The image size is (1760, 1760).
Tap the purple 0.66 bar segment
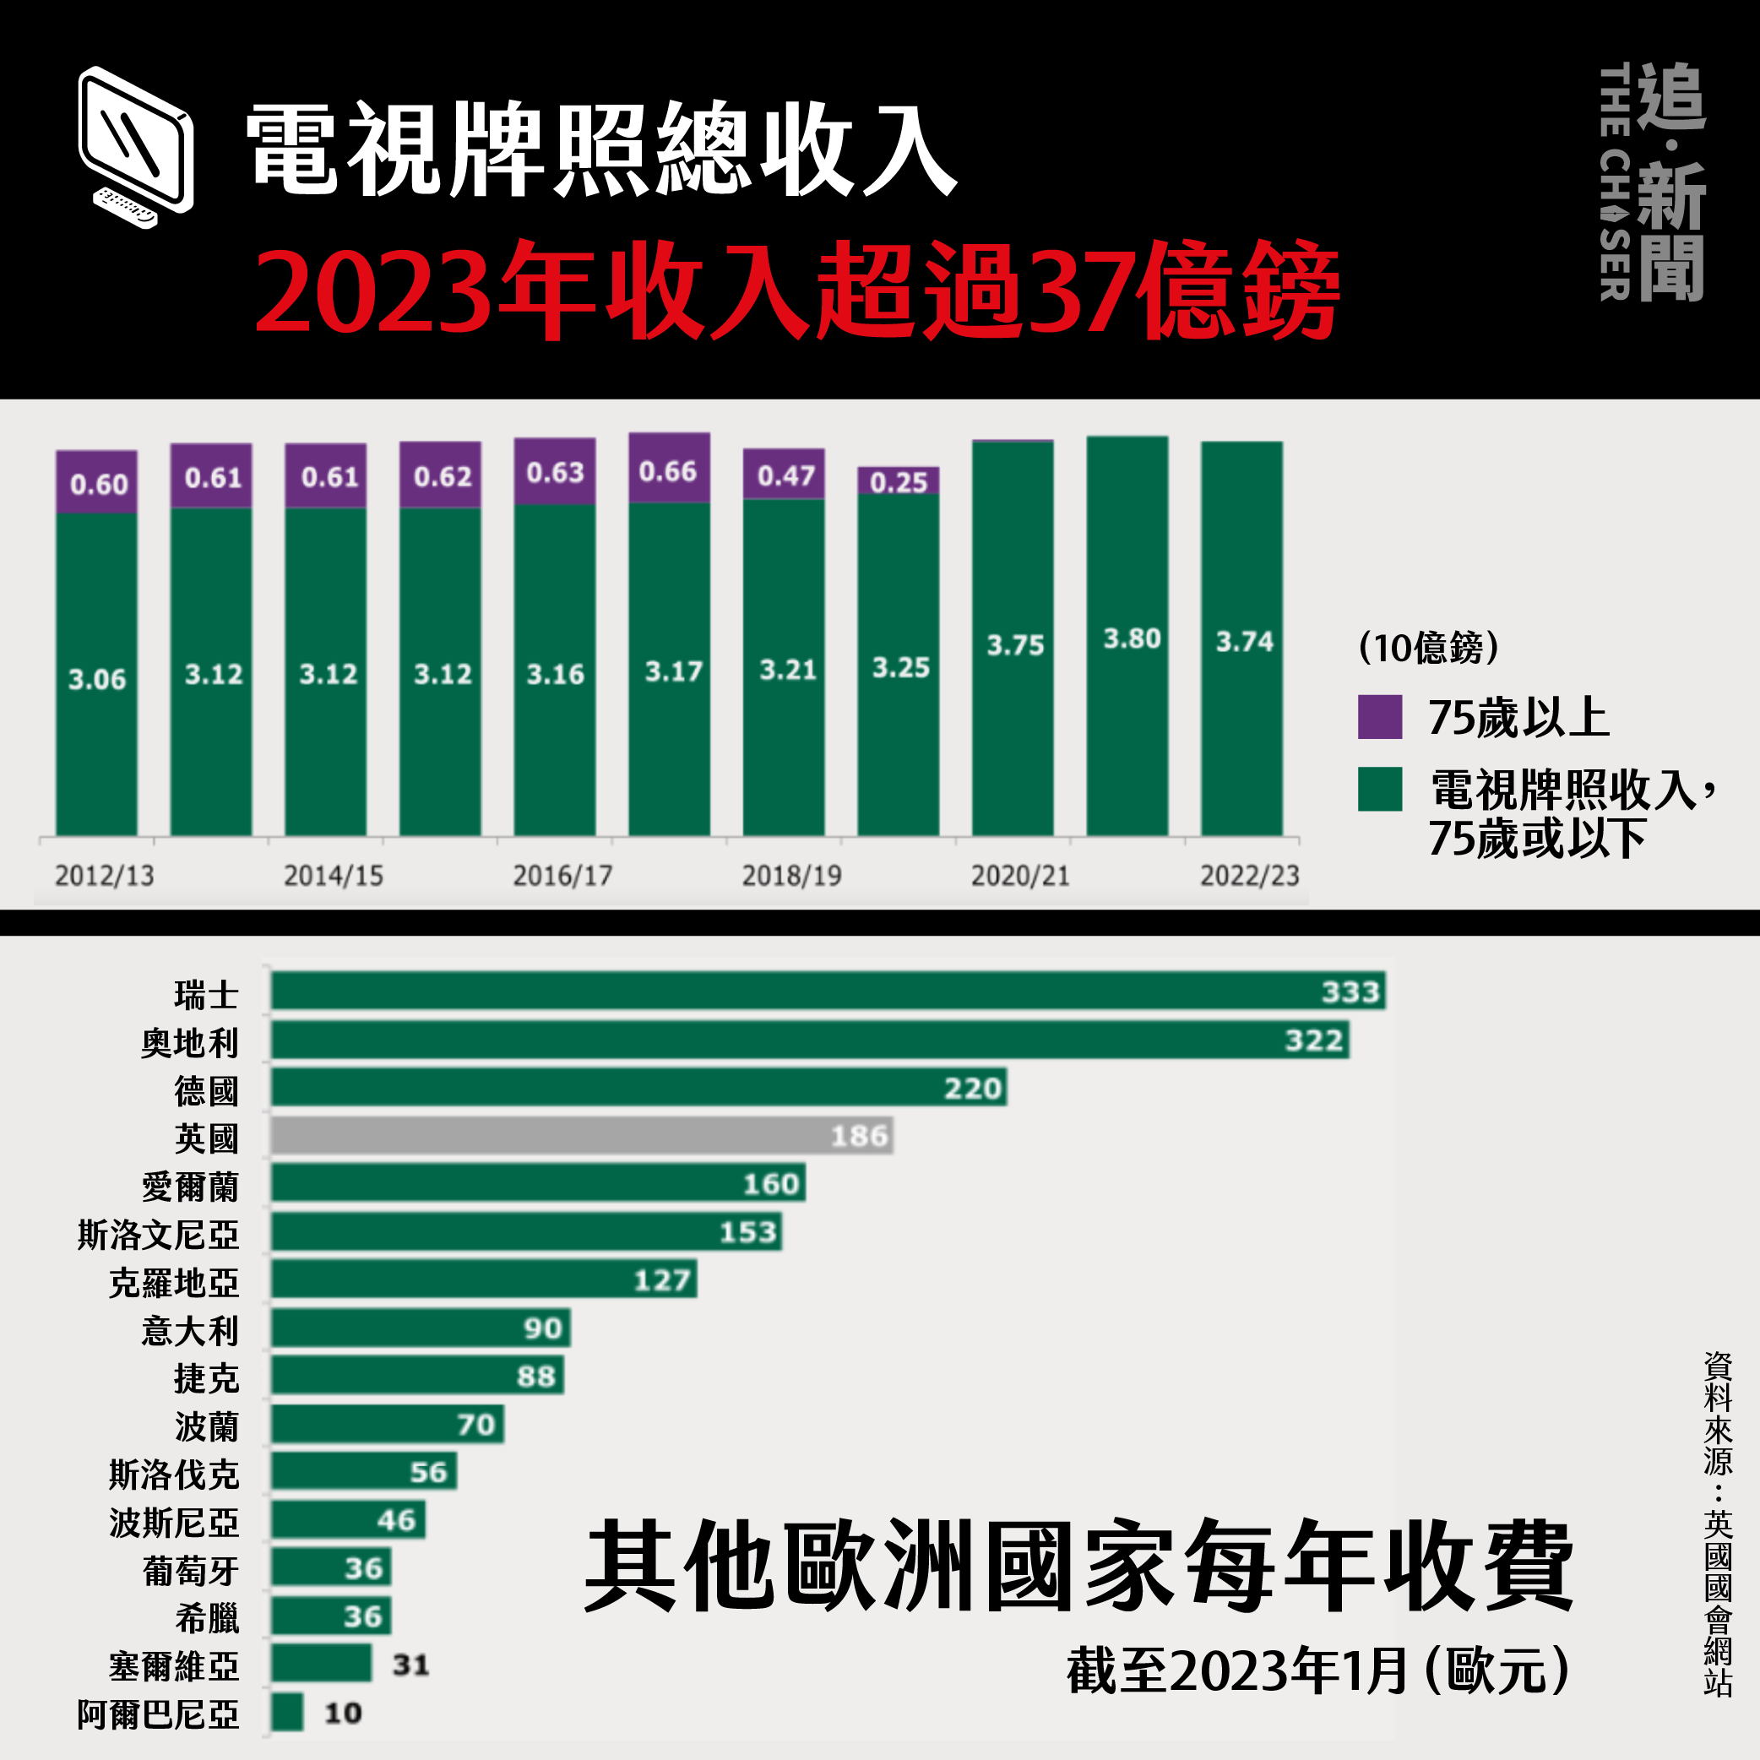point(669,468)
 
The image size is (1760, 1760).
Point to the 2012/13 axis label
point(104,876)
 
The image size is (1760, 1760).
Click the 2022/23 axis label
point(1249,876)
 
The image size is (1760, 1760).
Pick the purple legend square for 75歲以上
point(1379,716)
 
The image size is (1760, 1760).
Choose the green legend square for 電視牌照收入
point(1379,789)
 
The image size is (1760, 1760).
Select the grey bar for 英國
point(581,1135)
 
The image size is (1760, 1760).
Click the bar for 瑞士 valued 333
point(827,991)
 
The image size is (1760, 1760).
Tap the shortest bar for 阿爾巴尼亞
point(287,1713)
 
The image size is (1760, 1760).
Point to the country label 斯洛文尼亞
point(159,1236)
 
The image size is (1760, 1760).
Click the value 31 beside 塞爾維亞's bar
point(410,1665)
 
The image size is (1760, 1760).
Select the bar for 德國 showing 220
point(638,1088)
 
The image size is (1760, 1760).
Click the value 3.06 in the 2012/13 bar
point(96,680)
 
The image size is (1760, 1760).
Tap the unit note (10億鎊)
point(1428,648)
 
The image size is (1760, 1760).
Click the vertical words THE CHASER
point(1614,182)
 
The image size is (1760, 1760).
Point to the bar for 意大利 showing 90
point(420,1328)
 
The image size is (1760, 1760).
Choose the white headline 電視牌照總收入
point(601,150)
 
